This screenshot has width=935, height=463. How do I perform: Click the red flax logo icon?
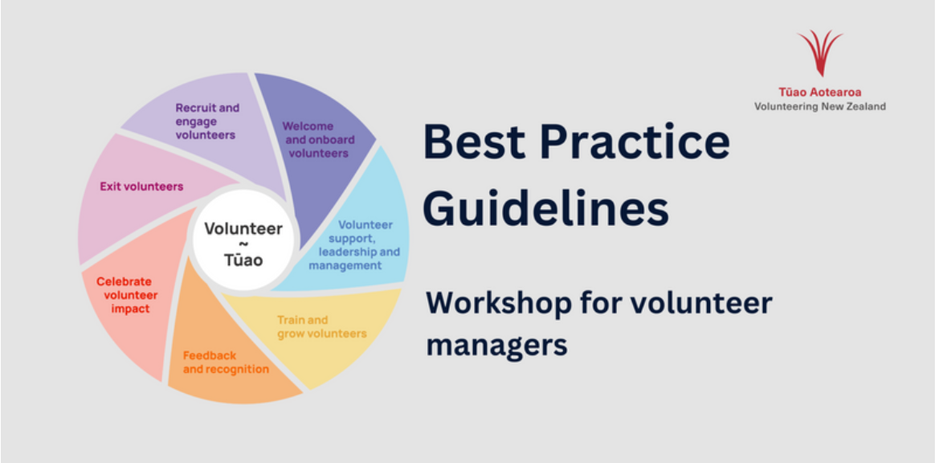tap(820, 52)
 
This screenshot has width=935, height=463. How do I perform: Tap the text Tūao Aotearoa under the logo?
tap(820, 92)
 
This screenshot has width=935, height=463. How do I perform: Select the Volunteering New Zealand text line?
tap(820, 107)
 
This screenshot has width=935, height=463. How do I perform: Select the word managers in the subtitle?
tap(496, 345)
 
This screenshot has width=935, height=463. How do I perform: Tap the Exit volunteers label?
tap(141, 186)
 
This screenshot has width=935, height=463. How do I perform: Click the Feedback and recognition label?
tap(226, 363)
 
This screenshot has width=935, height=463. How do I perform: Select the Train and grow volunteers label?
tap(321, 326)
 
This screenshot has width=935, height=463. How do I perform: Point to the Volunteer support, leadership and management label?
tap(354, 245)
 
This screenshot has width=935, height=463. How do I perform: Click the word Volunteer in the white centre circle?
tap(243, 228)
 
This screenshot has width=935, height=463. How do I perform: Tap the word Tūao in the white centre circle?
tap(243, 260)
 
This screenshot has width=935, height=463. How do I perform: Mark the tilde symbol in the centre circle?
tap(243, 244)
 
